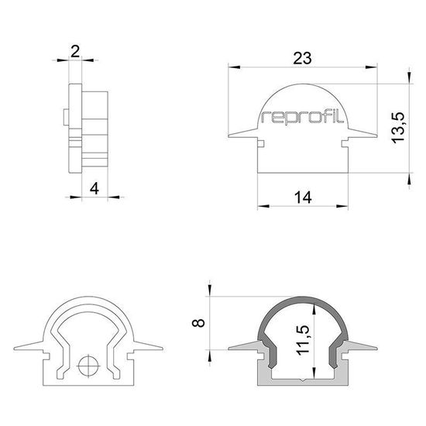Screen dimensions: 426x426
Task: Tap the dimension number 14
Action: click(304, 198)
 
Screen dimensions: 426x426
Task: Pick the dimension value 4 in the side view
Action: click(94, 187)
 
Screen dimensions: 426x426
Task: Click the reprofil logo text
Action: click(304, 118)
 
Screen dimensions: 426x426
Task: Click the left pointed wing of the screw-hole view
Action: click(33, 345)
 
